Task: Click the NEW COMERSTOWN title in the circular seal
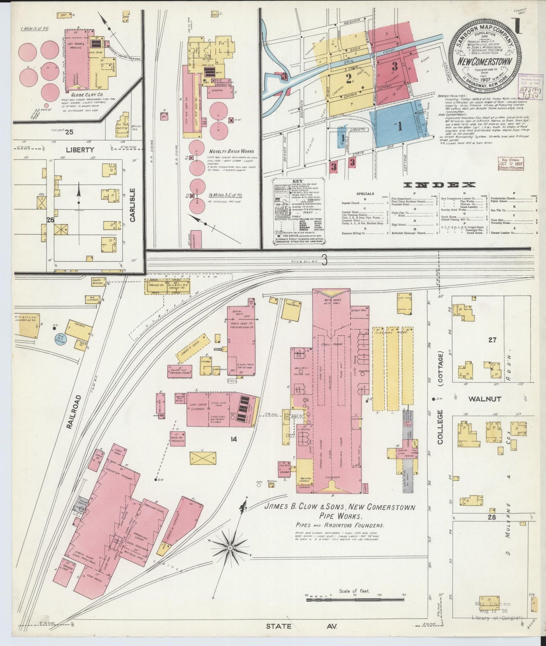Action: (485, 62)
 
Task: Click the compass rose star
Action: (230, 547)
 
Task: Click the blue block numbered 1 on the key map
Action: (399, 127)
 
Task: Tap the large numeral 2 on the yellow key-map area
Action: (348, 79)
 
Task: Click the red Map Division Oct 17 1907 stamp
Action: (510, 164)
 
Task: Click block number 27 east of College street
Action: (492, 340)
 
